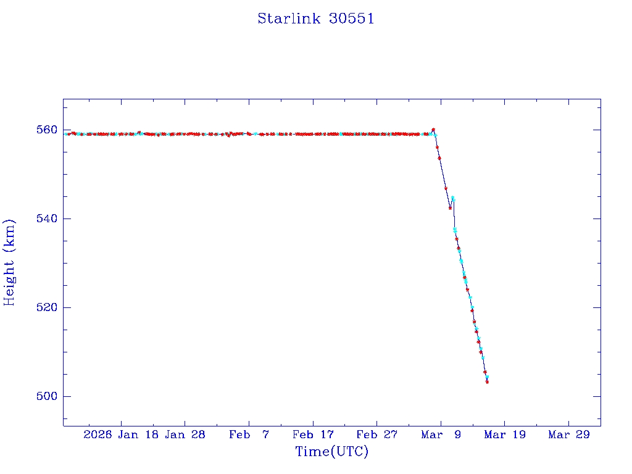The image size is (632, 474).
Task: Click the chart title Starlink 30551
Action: (x=316, y=19)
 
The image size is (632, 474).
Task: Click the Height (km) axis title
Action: (x=10, y=262)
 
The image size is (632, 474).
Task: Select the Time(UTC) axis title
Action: (x=331, y=452)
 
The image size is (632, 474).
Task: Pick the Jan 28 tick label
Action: (x=185, y=435)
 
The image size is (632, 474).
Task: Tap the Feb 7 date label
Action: (x=249, y=435)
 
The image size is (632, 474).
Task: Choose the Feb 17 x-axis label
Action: (x=313, y=435)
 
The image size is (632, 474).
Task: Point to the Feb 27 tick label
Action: (x=376, y=435)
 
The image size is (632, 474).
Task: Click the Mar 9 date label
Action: (x=441, y=435)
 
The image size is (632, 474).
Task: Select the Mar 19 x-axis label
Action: (x=504, y=435)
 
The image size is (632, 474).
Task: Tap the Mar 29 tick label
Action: (x=568, y=435)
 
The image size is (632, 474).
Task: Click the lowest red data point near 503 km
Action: (x=488, y=382)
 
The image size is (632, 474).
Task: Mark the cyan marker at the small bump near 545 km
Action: (x=452, y=198)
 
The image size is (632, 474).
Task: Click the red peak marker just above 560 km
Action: (x=433, y=130)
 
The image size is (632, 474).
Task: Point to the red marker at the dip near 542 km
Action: (x=450, y=208)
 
